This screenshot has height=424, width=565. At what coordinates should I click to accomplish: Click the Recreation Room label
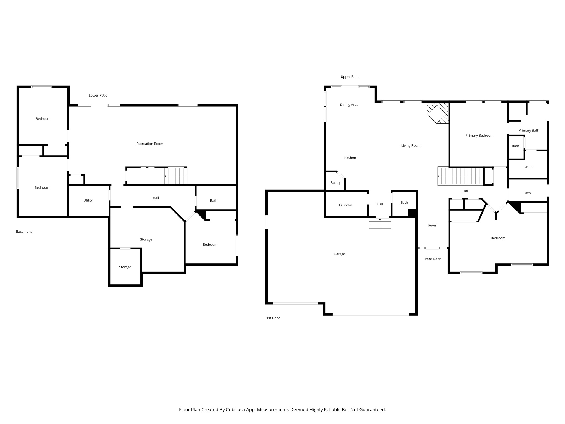(x=150, y=144)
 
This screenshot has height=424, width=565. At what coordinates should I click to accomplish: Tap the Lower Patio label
(x=98, y=95)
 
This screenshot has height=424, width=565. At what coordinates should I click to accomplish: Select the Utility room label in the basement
(x=88, y=200)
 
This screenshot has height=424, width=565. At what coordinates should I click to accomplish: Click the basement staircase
(x=176, y=176)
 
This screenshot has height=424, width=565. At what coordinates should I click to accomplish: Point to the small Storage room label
(x=125, y=267)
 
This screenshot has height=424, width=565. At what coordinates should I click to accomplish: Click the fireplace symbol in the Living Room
(x=438, y=113)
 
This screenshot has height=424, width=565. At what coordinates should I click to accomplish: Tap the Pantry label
(x=335, y=182)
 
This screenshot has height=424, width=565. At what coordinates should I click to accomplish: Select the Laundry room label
(x=345, y=205)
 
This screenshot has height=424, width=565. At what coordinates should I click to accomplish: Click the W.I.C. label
(x=529, y=167)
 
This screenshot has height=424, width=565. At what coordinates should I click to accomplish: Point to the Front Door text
(x=432, y=259)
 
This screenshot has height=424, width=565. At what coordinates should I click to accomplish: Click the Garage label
(x=339, y=254)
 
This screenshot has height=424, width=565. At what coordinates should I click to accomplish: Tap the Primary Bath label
(x=529, y=130)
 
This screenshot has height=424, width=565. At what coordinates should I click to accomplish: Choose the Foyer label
(x=432, y=225)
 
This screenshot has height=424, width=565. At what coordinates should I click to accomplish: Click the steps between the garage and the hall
(x=380, y=223)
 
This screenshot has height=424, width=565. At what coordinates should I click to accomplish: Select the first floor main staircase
(x=461, y=176)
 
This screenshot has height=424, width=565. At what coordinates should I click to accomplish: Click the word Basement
(x=24, y=232)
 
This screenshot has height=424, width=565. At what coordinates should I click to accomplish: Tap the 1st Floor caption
(x=273, y=318)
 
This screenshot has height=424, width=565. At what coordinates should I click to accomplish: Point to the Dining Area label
(x=349, y=105)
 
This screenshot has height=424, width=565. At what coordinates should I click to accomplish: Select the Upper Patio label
(x=350, y=77)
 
